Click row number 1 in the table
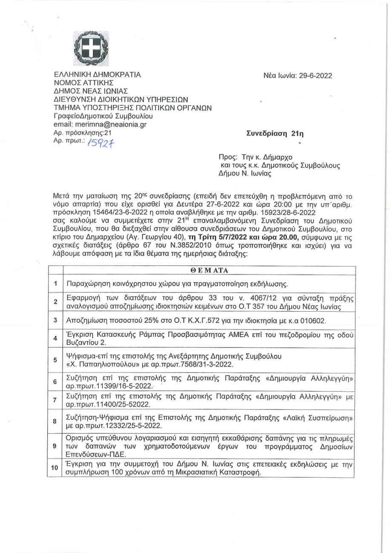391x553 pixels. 55,284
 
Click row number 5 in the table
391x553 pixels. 55,359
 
